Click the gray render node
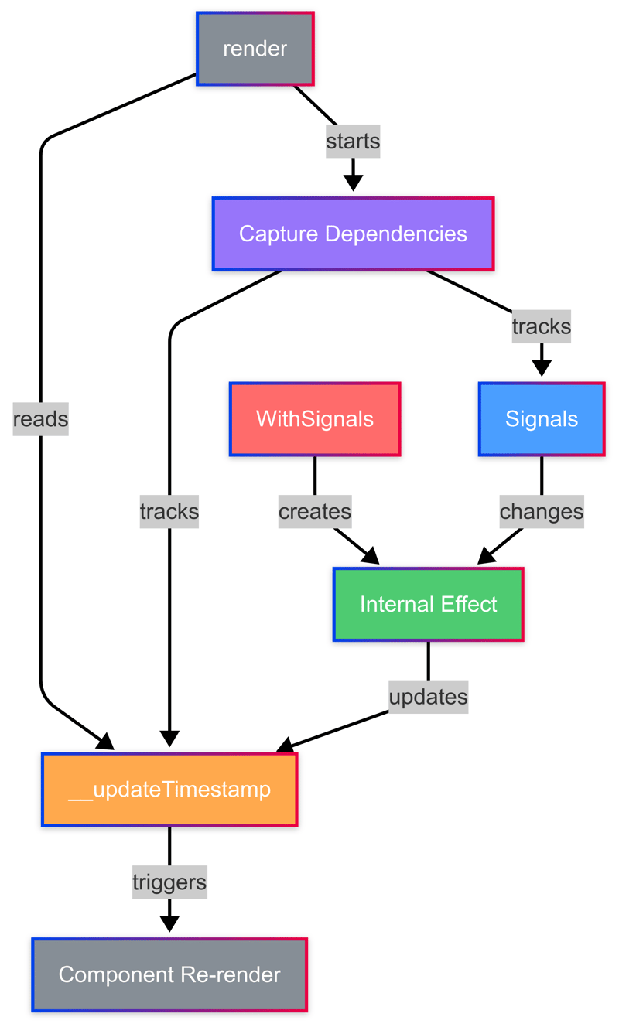click(255, 49)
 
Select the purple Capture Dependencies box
click(353, 234)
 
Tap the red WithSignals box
click(315, 419)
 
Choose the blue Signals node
click(541, 419)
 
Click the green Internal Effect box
click(428, 605)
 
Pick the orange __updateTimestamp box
click(169, 790)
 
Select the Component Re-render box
click(169, 974)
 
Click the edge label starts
click(353, 142)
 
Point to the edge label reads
click(40, 419)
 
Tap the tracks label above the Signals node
click(541, 326)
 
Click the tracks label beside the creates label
click(169, 512)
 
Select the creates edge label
click(315, 512)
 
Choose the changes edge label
click(541, 512)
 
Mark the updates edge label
click(428, 697)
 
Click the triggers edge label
click(169, 882)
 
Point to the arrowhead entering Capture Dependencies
click(353, 183)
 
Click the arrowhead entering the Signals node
click(541, 368)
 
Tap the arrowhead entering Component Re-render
click(169, 924)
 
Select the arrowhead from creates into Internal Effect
click(370, 556)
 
